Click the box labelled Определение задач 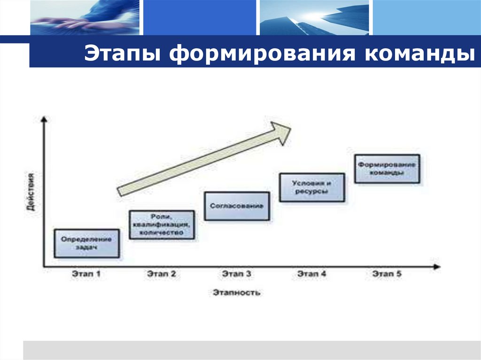(86, 243)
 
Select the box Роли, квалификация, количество (161, 225)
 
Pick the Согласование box (237, 206)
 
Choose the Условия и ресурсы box (312, 187)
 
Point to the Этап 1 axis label (86, 274)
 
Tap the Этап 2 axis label (161, 274)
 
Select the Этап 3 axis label (237, 274)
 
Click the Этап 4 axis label (312, 274)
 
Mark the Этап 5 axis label (387, 274)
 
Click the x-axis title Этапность (236, 293)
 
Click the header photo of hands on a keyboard (85, 18)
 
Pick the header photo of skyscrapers (314, 18)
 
